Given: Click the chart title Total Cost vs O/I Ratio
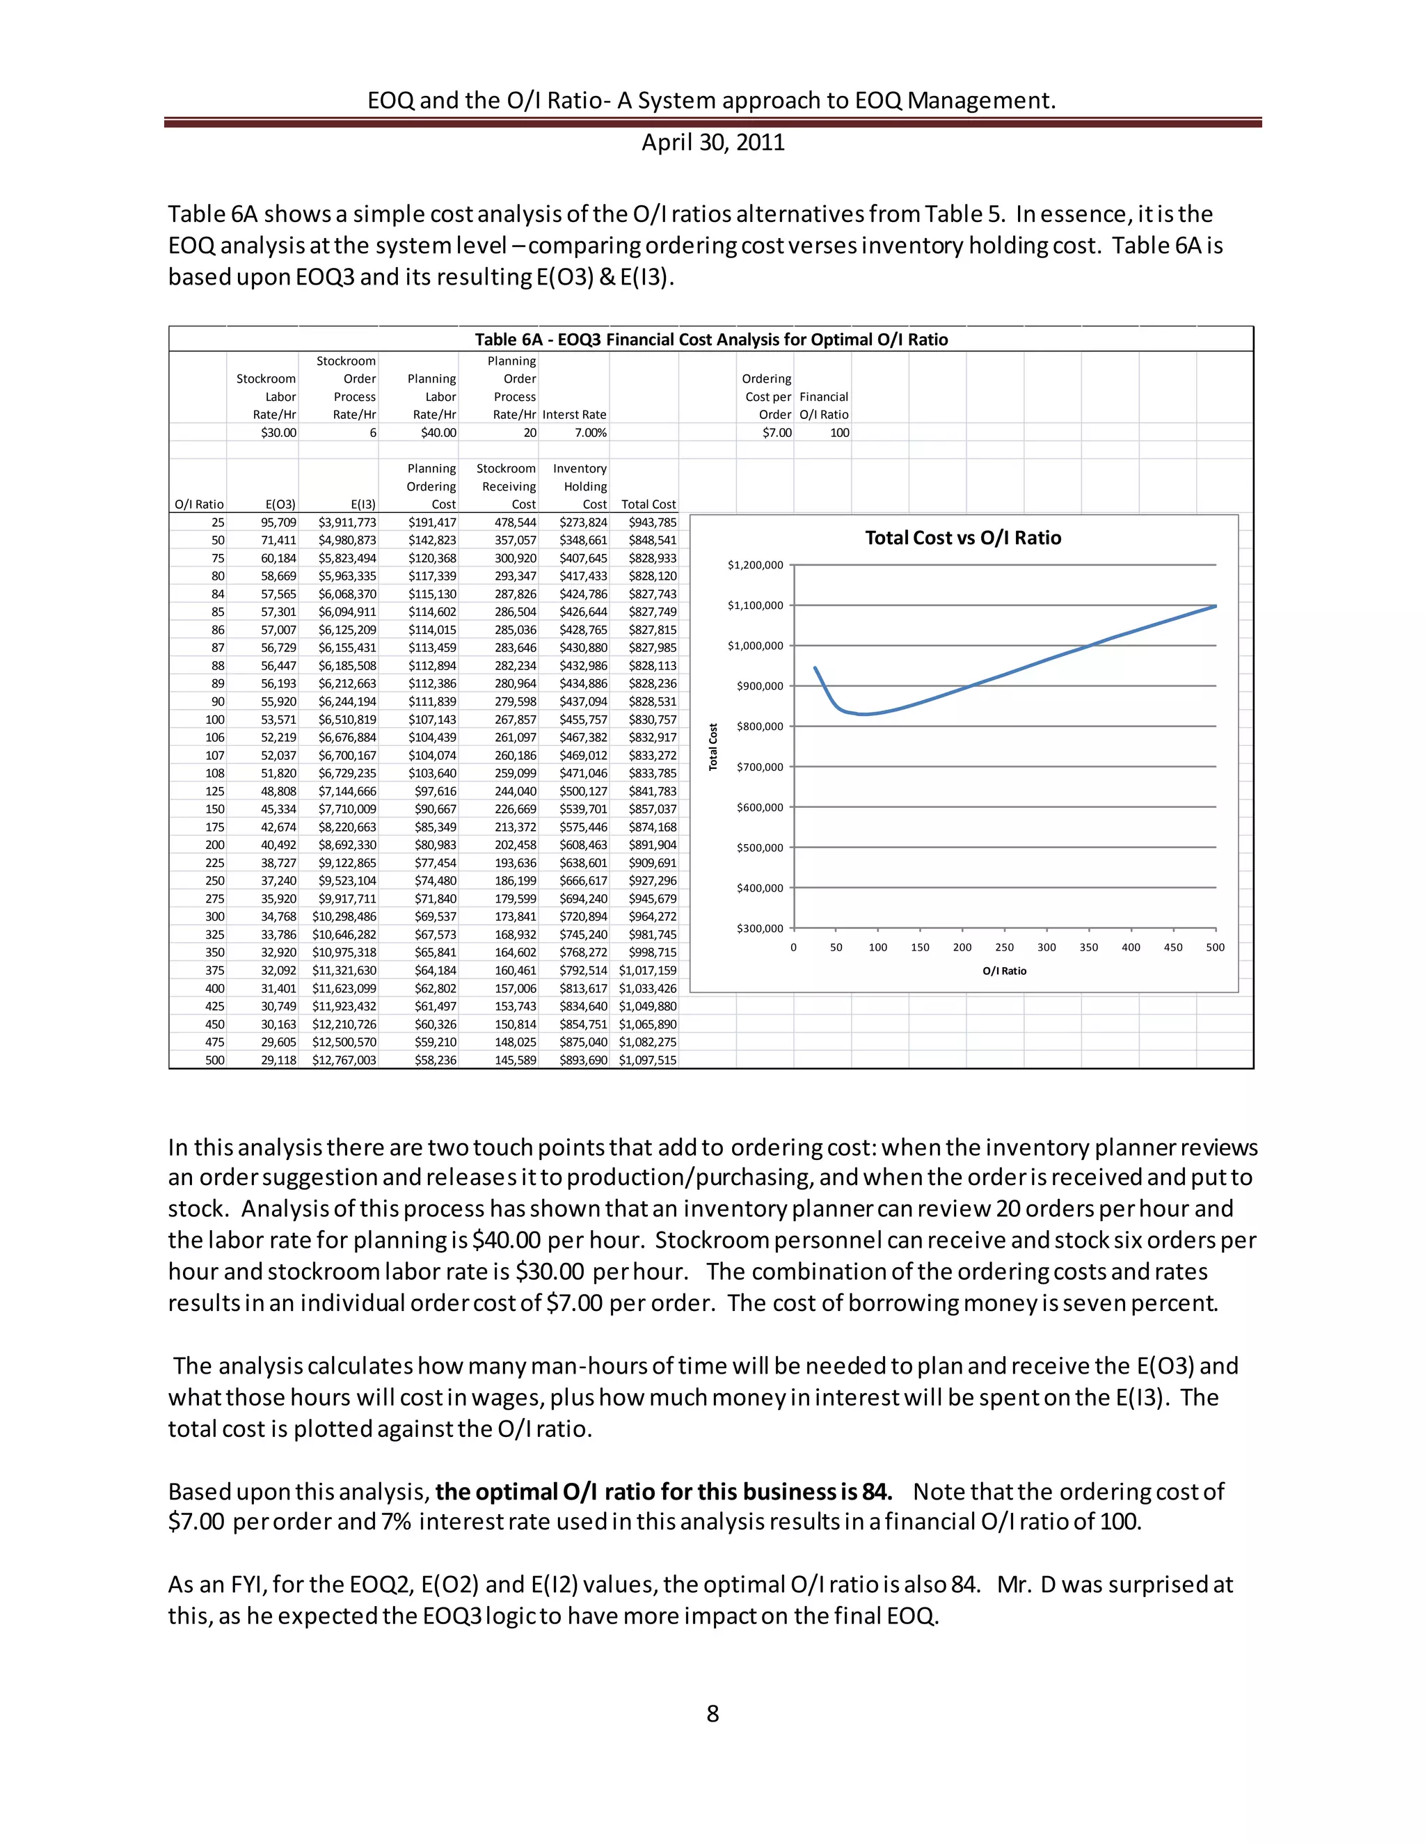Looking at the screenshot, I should pos(962,538).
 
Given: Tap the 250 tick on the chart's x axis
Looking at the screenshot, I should pos(1005,947).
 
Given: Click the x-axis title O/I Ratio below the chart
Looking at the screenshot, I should pos(1005,971).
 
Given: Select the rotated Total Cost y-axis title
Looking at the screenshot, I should pos(713,747).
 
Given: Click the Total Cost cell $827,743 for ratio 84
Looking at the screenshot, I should pos(652,594).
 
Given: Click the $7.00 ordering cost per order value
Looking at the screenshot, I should pos(777,433).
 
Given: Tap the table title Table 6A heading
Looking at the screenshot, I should pos(711,340).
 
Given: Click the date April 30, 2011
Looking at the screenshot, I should pos(712,142).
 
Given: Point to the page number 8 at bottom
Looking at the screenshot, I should pos(712,1713).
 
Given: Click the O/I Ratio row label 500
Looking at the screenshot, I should pos(215,1060).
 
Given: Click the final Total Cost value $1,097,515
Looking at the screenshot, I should pos(648,1060).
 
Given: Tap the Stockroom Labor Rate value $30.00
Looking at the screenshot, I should pos(278,433).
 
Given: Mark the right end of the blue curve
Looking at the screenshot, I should pos(1215,606).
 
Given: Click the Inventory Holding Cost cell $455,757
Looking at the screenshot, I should pos(582,720).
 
